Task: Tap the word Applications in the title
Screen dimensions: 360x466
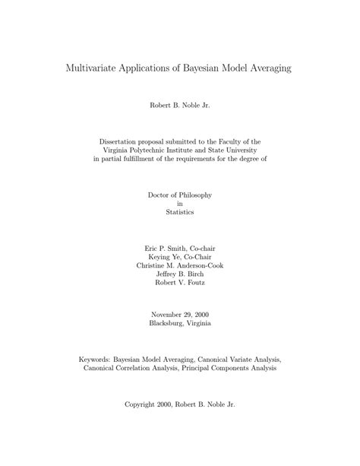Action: click(150, 68)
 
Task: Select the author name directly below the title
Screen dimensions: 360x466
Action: click(180, 105)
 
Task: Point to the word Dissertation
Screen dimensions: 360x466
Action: click(121, 141)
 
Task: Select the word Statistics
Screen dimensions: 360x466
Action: click(180, 212)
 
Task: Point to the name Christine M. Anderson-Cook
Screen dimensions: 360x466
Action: click(180, 265)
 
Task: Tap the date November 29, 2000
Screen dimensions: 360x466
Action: click(180, 314)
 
